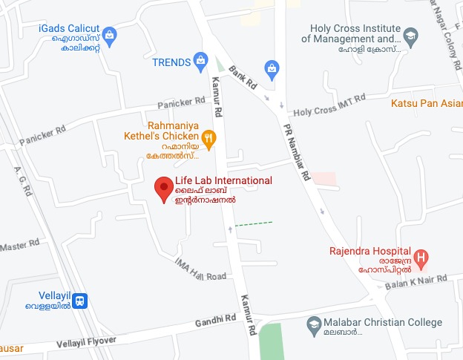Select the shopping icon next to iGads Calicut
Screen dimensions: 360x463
pyautogui.click(x=111, y=33)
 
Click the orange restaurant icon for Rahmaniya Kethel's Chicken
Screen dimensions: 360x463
pyautogui.click(x=209, y=137)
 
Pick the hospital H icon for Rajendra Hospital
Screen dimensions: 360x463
pyautogui.click(x=421, y=259)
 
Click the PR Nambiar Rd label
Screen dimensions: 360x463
pyautogui.click(x=295, y=155)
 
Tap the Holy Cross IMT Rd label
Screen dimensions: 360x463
pyautogui.click(x=329, y=105)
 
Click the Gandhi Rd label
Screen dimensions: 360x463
pyautogui.click(x=215, y=320)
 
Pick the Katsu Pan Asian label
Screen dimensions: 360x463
pyautogui.click(x=426, y=102)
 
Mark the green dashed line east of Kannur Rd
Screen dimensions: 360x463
pyautogui.click(x=254, y=223)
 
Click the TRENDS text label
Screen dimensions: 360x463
pyautogui.click(x=171, y=62)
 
